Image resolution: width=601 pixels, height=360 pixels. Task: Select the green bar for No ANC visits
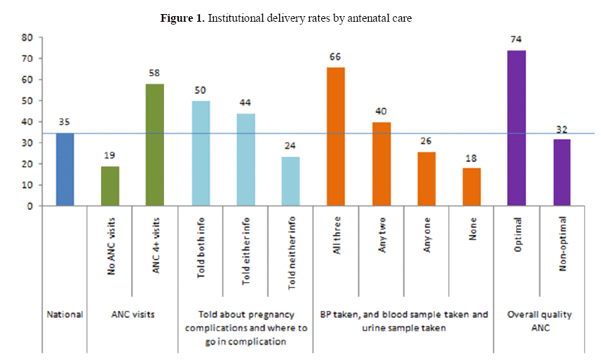click(x=110, y=186)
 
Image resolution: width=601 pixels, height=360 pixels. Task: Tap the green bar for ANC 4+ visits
click(x=155, y=145)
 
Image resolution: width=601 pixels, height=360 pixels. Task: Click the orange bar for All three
click(x=336, y=136)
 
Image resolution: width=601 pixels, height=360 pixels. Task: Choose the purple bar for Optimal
click(x=517, y=128)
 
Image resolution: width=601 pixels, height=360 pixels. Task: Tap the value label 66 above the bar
click(x=336, y=58)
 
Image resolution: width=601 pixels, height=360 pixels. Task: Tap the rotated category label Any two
click(x=381, y=241)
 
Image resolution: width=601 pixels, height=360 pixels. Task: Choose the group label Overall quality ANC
click(x=539, y=321)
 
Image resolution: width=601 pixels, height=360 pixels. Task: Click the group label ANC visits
click(x=133, y=315)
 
